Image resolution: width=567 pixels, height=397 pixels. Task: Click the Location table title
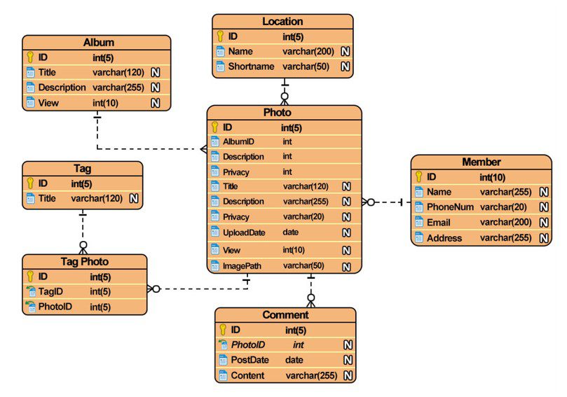[282, 21]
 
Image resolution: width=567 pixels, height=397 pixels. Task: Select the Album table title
[99, 42]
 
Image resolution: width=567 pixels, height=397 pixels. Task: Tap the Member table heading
[481, 162]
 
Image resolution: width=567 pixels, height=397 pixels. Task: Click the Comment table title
[285, 314]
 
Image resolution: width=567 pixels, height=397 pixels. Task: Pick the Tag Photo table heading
[85, 262]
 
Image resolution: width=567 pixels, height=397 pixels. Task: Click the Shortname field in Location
[251, 67]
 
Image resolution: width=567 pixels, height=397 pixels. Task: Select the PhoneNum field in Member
[450, 207]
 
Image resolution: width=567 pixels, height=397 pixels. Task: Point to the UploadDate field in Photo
[244, 232]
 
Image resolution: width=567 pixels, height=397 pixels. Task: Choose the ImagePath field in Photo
[242, 266]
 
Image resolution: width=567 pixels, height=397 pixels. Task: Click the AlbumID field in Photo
[238, 141]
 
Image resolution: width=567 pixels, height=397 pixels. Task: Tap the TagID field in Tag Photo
[50, 291]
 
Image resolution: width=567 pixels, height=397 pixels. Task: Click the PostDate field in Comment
[250, 360]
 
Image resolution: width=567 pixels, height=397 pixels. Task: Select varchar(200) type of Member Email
[505, 222]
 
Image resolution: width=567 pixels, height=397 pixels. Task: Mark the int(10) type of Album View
[105, 104]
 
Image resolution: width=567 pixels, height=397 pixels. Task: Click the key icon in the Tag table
[30, 183]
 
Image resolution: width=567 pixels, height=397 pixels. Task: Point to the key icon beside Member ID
[418, 176]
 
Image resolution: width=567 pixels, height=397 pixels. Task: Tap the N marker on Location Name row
[346, 51]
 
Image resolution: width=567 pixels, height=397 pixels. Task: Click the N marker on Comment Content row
[348, 376]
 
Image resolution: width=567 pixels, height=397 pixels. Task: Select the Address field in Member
[444, 238]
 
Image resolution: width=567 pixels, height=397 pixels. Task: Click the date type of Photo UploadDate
[290, 232]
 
